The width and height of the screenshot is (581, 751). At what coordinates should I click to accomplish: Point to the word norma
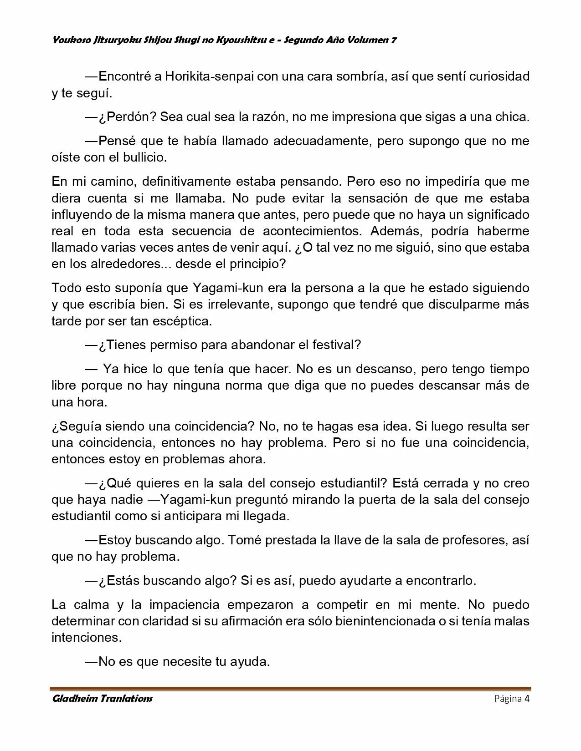(x=269, y=386)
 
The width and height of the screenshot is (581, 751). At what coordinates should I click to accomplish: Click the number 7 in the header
(x=393, y=41)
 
